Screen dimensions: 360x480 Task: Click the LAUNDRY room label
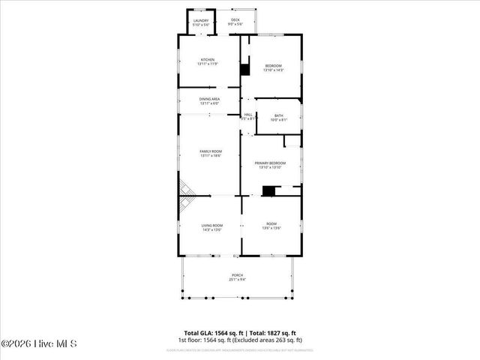pos(201,20)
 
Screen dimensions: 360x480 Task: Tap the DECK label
pos(235,20)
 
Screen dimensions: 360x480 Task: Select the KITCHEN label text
pos(207,59)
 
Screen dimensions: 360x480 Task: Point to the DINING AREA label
pos(209,99)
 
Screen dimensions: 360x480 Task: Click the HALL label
pos(248,114)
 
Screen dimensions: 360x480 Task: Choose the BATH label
pos(278,115)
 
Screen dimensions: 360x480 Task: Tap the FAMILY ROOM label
pos(210,151)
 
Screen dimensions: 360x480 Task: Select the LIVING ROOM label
pos(211,225)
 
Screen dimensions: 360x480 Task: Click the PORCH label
pos(237,276)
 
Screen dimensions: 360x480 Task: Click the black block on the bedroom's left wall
pos(244,70)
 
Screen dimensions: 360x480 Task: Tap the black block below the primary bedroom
pos(268,190)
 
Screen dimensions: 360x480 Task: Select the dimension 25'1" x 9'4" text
pos(237,280)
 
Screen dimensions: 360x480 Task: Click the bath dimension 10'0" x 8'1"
pos(278,120)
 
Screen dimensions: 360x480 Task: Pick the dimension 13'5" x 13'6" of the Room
pos(271,229)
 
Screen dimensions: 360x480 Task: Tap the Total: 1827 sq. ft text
pos(272,333)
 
